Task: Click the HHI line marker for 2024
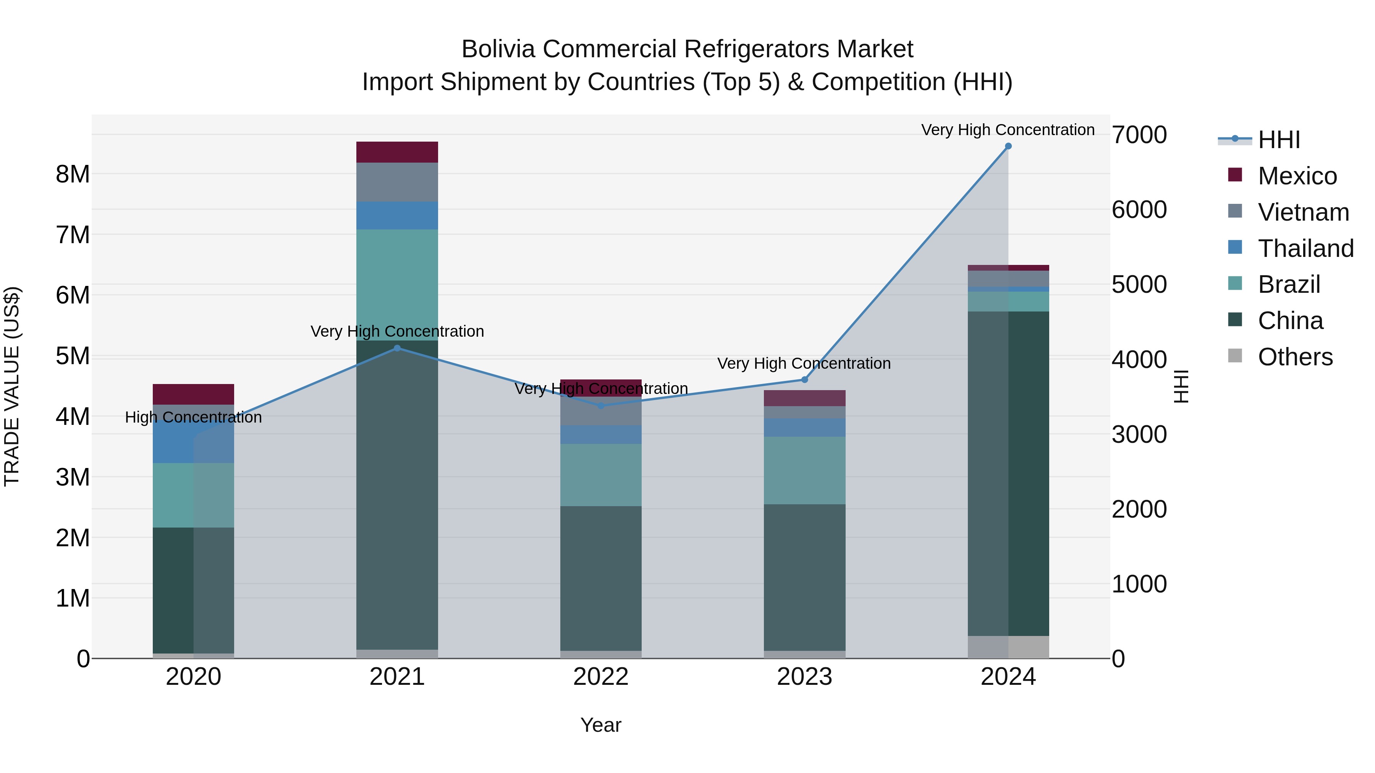click(x=1008, y=146)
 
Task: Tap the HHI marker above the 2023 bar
click(x=804, y=380)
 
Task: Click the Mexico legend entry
click(x=1297, y=176)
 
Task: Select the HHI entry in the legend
click(x=1278, y=140)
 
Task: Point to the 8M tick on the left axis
click(x=73, y=174)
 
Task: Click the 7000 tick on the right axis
click(x=1139, y=135)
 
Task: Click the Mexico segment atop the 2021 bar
click(x=397, y=152)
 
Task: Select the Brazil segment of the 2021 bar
click(x=397, y=284)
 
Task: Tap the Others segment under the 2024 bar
click(x=1008, y=647)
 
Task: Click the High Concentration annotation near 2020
click(x=193, y=417)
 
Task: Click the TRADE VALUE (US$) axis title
click(x=12, y=386)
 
